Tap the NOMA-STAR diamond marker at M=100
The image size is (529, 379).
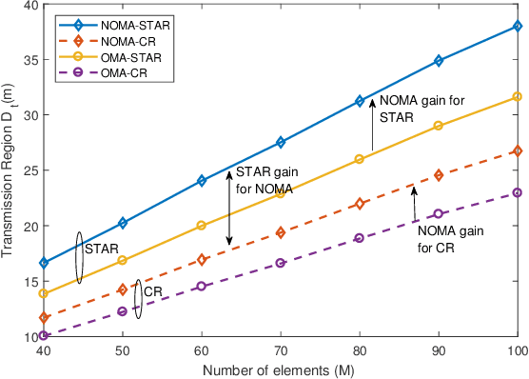pyautogui.click(x=517, y=26)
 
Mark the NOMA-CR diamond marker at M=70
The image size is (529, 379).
pyautogui.click(x=280, y=232)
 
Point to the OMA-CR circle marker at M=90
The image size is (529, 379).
pyautogui.click(x=438, y=214)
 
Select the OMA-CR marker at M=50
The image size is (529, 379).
pyautogui.click(x=122, y=311)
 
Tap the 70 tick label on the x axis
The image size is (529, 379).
pyautogui.click(x=280, y=350)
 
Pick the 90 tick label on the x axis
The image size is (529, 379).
pyautogui.click(x=438, y=350)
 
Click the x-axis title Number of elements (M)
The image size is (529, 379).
pyautogui.click(x=280, y=369)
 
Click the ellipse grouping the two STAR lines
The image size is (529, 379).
pyautogui.click(x=79, y=259)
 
